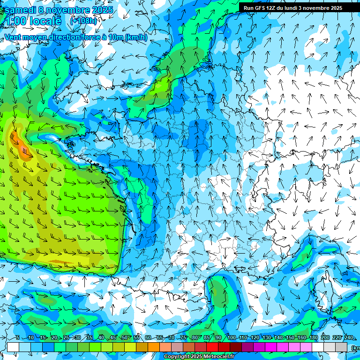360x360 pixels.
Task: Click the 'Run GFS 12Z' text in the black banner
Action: pos(259,8)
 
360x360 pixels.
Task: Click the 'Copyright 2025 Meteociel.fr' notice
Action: pos(198,357)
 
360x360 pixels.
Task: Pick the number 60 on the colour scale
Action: pos(148,337)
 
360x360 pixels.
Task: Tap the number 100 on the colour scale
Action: pos(231,337)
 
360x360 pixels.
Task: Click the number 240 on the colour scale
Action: pos(349,337)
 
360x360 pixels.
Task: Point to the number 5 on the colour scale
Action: pos(17,337)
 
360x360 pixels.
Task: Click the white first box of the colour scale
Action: pos(13,347)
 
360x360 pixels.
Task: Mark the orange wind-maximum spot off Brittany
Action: pos(17,140)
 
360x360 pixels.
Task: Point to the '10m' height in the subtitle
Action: pos(115,37)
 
